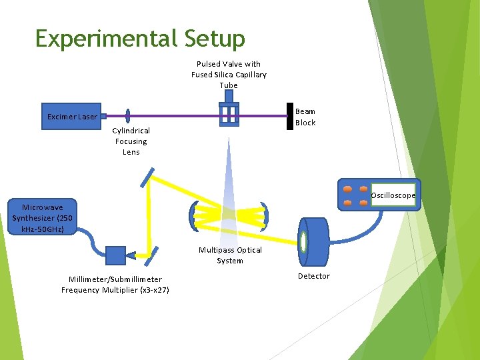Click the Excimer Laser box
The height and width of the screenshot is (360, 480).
72,117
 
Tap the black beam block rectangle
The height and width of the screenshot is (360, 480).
290,116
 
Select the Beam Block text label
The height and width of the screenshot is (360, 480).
305,117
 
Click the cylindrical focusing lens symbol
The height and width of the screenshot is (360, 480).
127,116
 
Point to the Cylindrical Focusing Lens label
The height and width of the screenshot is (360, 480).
131,141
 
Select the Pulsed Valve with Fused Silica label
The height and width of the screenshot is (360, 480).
229,74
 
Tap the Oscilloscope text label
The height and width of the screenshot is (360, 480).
393,195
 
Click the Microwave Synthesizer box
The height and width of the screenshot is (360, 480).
43,218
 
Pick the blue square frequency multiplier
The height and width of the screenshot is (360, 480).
115,255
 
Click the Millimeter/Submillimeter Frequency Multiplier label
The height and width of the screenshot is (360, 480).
115,285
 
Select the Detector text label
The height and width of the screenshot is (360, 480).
313,276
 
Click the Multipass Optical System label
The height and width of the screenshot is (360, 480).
230,255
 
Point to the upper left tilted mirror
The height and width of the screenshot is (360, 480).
147,176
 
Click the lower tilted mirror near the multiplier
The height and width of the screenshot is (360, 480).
152,254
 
